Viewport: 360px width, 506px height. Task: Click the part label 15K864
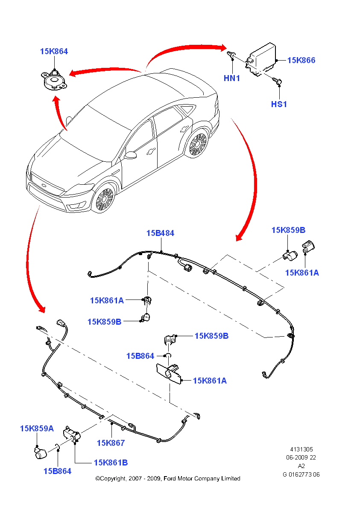click(54, 51)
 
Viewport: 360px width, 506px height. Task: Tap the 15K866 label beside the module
click(301, 60)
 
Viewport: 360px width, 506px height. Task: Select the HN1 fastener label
click(232, 79)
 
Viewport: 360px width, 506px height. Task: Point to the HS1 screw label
click(279, 104)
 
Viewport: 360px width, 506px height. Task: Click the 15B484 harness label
click(160, 233)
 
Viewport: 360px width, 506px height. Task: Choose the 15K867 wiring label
click(111, 443)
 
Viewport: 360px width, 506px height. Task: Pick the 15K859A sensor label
click(37, 428)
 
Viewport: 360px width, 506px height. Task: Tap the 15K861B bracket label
click(111, 462)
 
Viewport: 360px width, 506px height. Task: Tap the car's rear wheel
click(198, 145)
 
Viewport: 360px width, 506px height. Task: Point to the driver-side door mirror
click(130, 154)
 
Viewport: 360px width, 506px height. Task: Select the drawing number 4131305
click(301, 449)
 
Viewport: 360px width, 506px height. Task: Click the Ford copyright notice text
click(167, 478)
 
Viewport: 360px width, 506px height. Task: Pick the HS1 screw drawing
click(278, 80)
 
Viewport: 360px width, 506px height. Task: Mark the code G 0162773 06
click(301, 474)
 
